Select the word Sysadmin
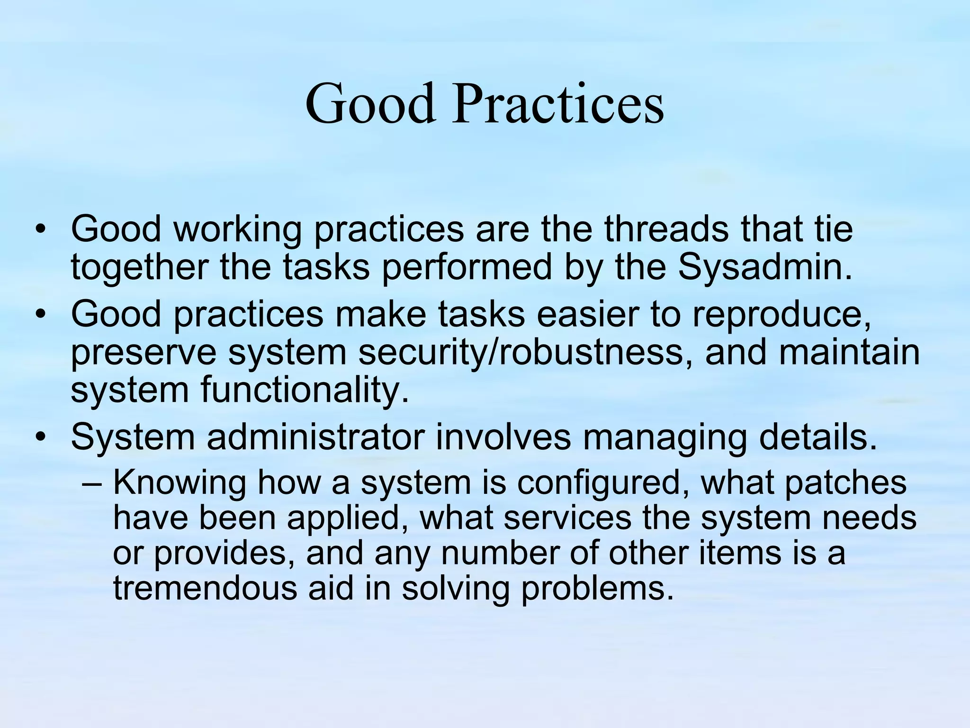(x=764, y=267)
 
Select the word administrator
(x=314, y=438)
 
